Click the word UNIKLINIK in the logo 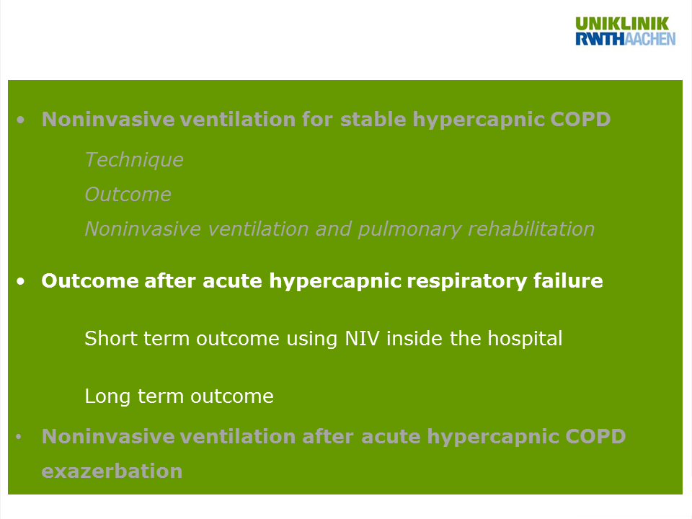(x=622, y=24)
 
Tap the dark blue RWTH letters (x=600, y=39)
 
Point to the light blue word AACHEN (x=650, y=39)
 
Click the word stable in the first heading (x=373, y=119)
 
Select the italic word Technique (x=134, y=160)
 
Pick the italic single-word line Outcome (x=128, y=195)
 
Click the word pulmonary (x=409, y=229)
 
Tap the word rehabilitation (x=531, y=229)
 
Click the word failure (x=568, y=280)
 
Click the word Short (x=110, y=339)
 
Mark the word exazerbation (x=112, y=471)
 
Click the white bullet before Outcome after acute (x=21, y=281)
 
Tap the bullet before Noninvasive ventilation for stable (x=21, y=120)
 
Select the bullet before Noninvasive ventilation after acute (x=19, y=437)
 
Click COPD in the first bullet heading (x=580, y=119)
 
